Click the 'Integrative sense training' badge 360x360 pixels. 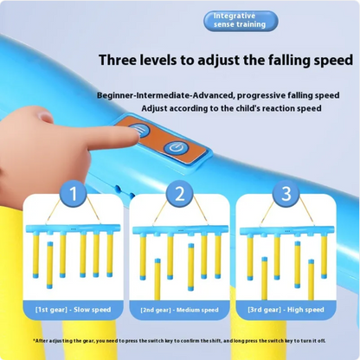pos(241,21)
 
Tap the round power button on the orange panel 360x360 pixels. pos(176,148)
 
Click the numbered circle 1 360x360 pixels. pos(74,194)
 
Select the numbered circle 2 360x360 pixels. pos(180,194)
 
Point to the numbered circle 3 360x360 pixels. pos(286,194)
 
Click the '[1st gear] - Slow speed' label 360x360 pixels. pos(74,310)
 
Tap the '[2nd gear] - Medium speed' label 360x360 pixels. pos(180,310)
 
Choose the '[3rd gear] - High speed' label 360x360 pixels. pos(286,310)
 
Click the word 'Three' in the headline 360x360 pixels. pos(118,60)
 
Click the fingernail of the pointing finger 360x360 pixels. pos(45,117)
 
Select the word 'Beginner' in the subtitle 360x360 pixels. pos(115,95)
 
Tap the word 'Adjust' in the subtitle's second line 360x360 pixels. pos(154,109)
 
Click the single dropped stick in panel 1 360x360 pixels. pos(50,265)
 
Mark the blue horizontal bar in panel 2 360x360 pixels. pos(179,229)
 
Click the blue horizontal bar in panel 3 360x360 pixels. pos(287,230)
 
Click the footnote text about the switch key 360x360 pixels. pos(179,341)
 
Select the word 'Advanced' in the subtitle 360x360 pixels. pos(212,95)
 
